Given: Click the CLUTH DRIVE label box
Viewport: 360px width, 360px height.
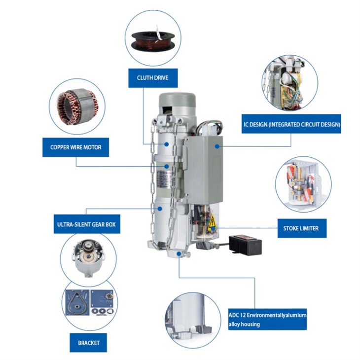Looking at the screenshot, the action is coord(153,78).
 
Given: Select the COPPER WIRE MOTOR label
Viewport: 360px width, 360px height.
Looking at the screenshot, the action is coord(76,147).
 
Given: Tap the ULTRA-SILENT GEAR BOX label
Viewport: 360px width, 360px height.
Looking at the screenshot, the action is coord(87,224).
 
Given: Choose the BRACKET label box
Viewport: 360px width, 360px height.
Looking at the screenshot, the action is coord(88,343).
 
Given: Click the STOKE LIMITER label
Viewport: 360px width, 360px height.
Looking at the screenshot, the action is coord(302,228).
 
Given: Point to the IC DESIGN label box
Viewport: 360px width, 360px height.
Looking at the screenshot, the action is coord(291,124).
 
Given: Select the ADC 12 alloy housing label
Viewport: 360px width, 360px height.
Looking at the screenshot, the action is coord(267,320).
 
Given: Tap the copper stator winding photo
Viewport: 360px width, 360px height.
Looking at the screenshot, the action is coord(77,107).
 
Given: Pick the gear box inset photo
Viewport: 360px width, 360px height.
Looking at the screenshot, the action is coord(88,257).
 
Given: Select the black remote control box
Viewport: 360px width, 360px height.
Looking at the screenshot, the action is coord(246,245).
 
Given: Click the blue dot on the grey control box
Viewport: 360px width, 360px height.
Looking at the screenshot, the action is coord(217,146).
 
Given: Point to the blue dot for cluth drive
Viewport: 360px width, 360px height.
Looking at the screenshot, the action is coord(167,144).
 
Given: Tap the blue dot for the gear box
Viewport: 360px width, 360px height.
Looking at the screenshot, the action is coord(160,209).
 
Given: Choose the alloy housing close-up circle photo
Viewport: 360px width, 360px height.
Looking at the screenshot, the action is coord(193,320).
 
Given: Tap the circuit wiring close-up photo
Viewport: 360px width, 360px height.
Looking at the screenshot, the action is coord(290,83).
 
